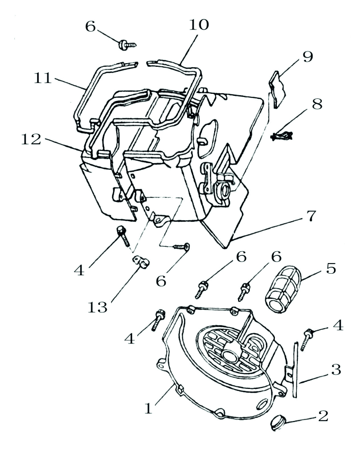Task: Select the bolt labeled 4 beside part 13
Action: [x=122, y=234]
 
